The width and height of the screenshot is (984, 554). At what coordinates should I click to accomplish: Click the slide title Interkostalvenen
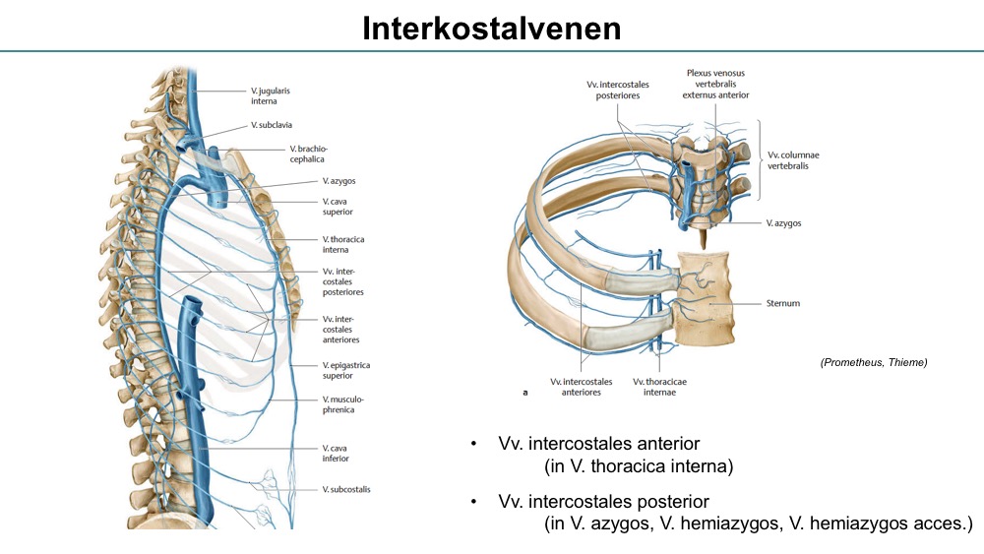[491, 28]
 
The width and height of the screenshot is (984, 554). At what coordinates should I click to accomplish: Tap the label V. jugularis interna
[270, 95]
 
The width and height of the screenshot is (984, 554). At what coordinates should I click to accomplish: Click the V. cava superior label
[338, 206]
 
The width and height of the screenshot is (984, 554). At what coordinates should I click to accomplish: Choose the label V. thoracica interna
[341, 244]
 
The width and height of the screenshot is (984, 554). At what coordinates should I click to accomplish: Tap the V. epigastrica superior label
[345, 370]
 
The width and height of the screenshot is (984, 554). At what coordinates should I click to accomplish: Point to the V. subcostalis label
[346, 489]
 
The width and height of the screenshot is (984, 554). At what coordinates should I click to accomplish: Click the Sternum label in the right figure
[784, 304]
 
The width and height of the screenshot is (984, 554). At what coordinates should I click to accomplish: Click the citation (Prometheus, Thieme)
[873, 363]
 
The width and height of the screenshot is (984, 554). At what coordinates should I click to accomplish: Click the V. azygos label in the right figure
[783, 223]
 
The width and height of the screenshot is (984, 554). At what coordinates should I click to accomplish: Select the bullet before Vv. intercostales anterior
[474, 445]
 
